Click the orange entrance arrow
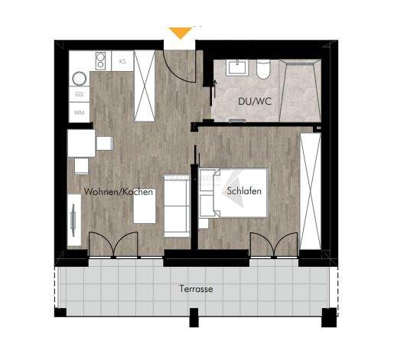181,33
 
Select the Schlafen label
245,193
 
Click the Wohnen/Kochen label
119,193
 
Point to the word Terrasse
197,290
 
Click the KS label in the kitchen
124,60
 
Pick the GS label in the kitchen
79,95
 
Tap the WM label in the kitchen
79,112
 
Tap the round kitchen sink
79,77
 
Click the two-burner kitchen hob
99,60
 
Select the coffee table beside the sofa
145,205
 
